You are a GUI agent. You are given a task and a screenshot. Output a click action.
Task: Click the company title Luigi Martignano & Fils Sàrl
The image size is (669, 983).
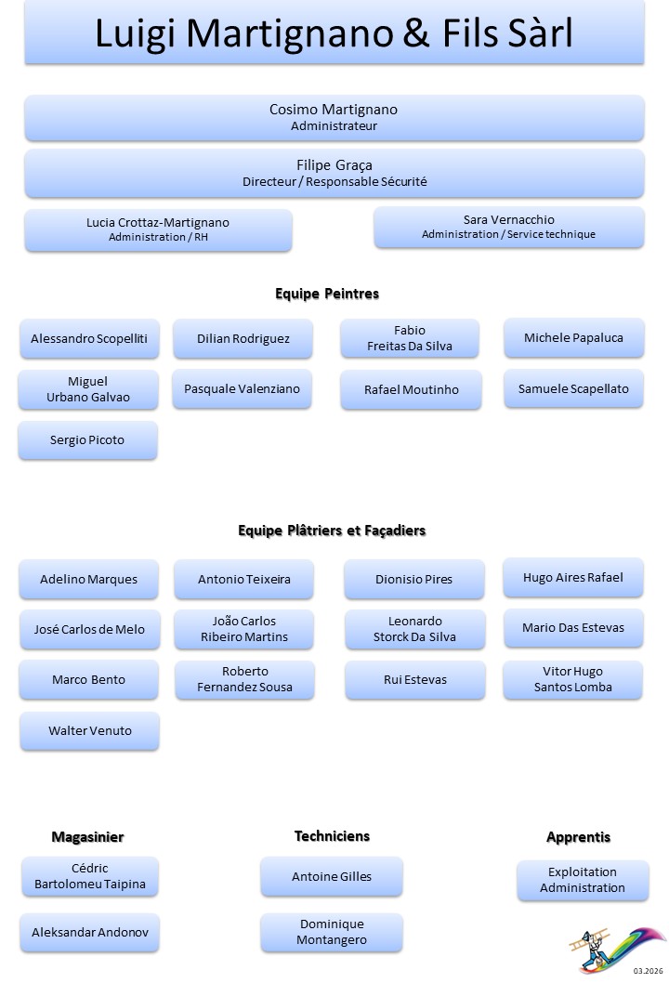pyautogui.click(x=334, y=34)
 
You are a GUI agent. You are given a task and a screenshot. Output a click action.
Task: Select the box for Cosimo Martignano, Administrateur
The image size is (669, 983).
pyautogui.click(x=334, y=117)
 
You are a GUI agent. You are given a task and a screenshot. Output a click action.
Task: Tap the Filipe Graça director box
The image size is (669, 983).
pyautogui.click(x=334, y=173)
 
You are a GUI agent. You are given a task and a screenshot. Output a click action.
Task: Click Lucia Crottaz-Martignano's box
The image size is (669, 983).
pyautogui.click(x=158, y=229)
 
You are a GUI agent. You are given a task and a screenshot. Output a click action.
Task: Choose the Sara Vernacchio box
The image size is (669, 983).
pyautogui.click(x=508, y=227)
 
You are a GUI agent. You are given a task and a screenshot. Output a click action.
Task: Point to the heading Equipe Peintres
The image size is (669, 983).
pyautogui.click(x=327, y=294)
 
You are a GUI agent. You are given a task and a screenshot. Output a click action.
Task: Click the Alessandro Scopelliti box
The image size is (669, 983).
pyautogui.click(x=89, y=339)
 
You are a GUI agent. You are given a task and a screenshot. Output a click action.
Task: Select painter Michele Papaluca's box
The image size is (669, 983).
pyautogui.click(x=573, y=338)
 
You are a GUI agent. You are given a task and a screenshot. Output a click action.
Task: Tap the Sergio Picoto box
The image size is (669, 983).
pyautogui.click(x=87, y=440)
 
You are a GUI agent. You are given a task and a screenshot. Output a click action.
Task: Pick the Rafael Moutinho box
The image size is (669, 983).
pyautogui.click(x=411, y=390)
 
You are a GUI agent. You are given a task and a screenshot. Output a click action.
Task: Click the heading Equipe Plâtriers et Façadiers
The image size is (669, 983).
pyautogui.click(x=332, y=531)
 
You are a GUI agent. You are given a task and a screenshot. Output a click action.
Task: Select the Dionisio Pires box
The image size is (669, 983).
pyautogui.click(x=414, y=580)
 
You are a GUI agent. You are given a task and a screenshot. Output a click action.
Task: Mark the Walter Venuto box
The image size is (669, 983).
pyautogui.click(x=90, y=731)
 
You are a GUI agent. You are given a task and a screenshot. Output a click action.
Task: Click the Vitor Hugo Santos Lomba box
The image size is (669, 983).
pyautogui.click(x=573, y=679)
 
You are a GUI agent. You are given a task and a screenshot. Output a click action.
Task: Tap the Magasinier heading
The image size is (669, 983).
pyautogui.click(x=87, y=837)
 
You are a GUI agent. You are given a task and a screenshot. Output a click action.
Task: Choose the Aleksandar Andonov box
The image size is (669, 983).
pyautogui.click(x=89, y=932)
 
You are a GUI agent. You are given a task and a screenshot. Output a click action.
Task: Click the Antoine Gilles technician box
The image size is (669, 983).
pyautogui.click(x=332, y=877)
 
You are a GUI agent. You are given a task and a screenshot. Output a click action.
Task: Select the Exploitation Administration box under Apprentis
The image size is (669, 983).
pyautogui.click(x=583, y=880)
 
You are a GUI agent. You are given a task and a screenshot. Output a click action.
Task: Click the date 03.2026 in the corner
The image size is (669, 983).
pyautogui.click(x=649, y=971)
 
